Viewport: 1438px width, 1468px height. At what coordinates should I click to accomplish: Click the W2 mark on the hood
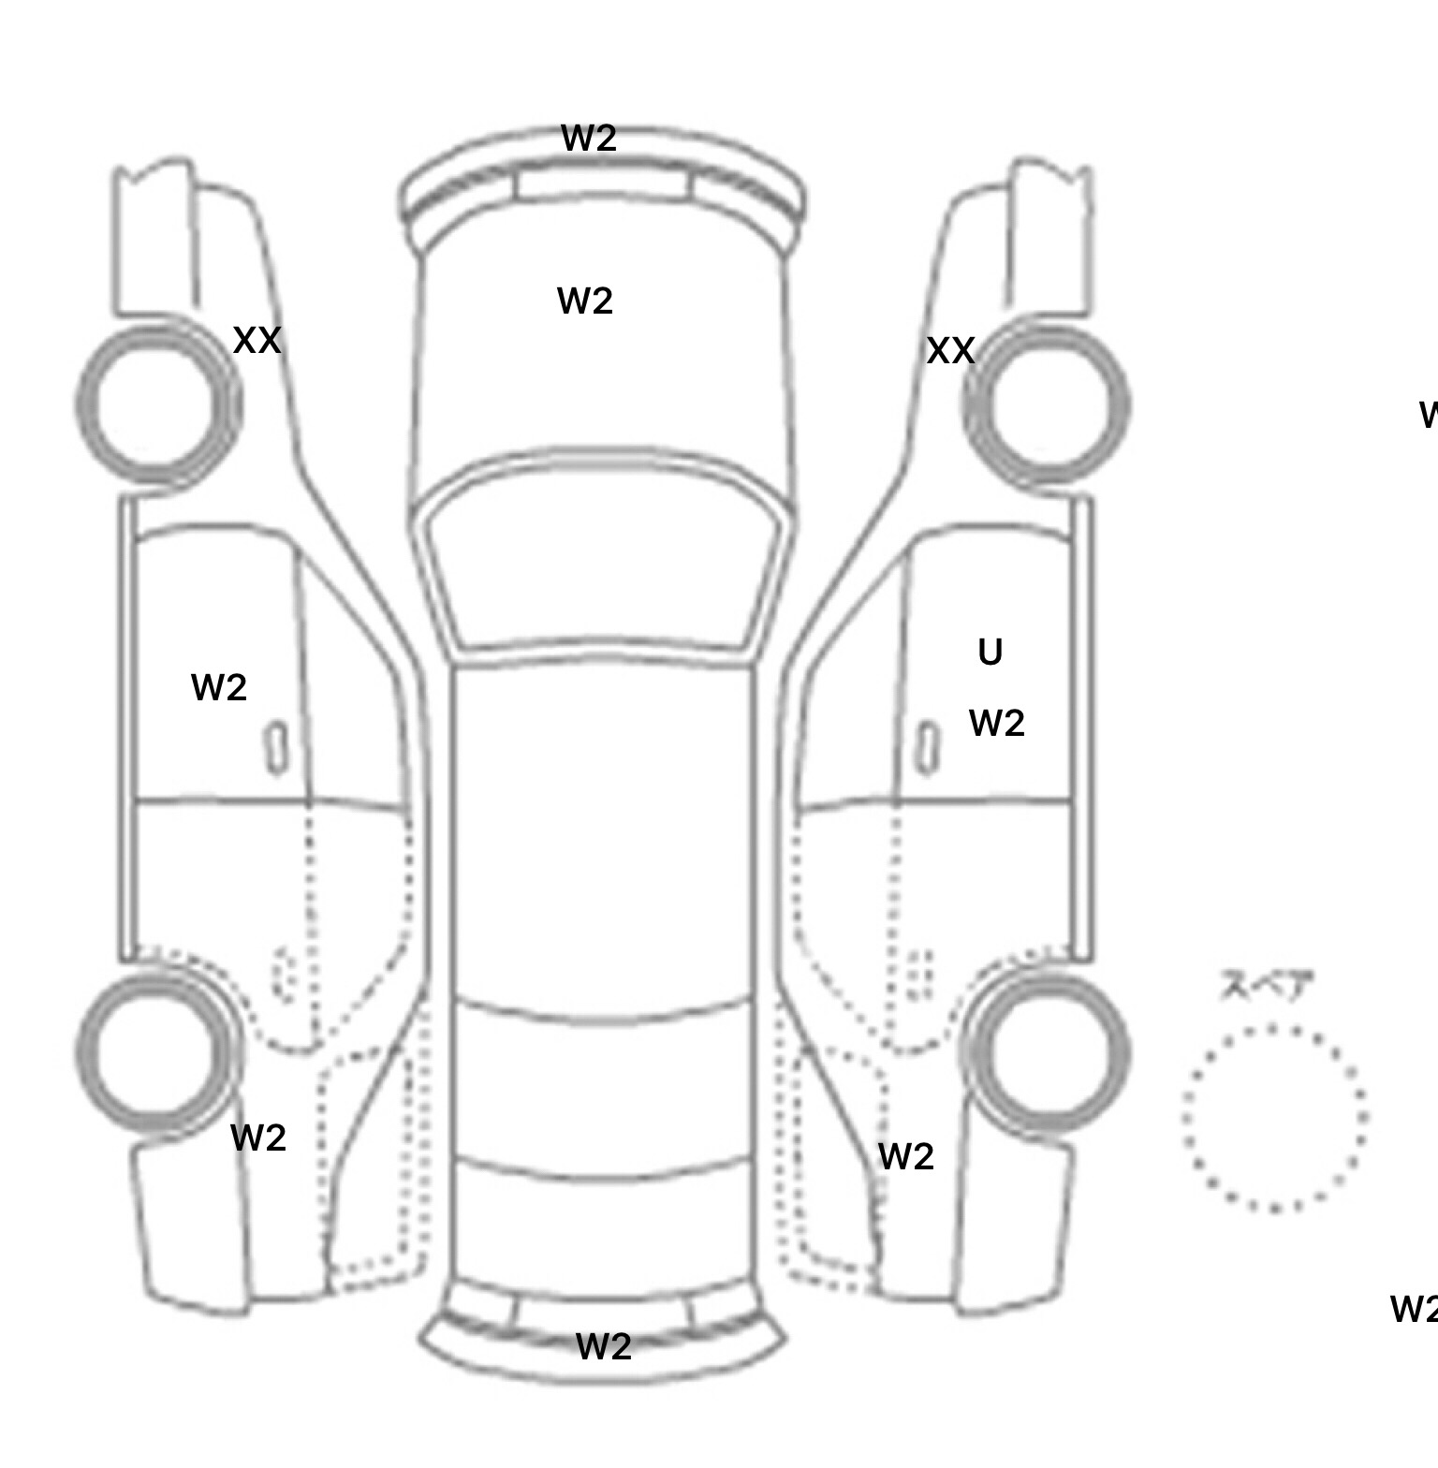585,301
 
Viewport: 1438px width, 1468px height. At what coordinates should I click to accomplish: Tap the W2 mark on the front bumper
589,139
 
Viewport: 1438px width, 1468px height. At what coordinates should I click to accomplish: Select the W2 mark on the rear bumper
603,1347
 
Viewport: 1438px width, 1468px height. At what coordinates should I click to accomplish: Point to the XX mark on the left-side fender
257,341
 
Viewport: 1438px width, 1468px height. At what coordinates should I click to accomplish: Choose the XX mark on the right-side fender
950,351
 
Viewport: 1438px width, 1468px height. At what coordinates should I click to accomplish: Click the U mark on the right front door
990,653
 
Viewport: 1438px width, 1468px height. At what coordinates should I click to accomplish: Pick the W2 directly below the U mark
996,724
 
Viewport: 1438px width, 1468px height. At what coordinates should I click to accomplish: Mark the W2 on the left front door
218,688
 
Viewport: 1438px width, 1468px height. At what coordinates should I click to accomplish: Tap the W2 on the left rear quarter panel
257,1138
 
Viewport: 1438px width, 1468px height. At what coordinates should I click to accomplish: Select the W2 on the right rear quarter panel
906,1157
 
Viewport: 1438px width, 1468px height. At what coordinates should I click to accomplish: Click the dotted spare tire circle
1274,1118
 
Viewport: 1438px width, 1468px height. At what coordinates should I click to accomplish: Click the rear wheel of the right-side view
1047,1052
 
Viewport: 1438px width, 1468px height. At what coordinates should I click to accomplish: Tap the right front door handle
927,749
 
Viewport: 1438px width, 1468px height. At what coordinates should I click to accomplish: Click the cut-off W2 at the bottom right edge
1414,1309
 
